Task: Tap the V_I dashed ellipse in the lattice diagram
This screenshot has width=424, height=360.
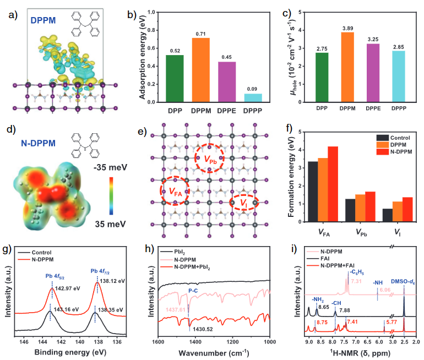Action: click(x=244, y=203)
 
